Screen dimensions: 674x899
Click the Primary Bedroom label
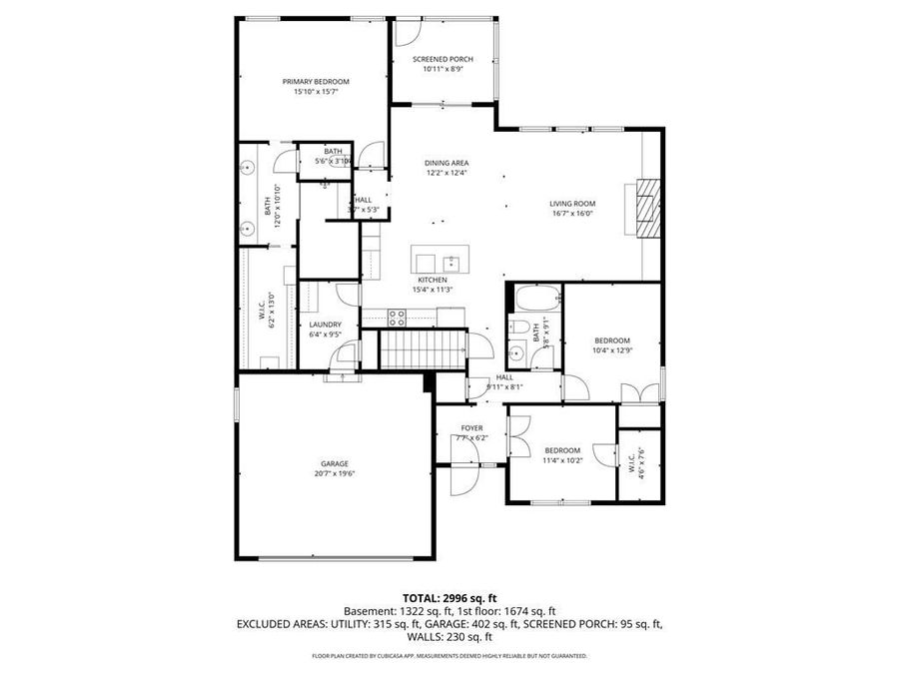[x=316, y=81]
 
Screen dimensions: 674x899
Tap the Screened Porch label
[x=443, y=59]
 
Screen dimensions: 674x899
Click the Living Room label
[x=572, y=204]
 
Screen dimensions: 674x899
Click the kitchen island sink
[x=452, y=263]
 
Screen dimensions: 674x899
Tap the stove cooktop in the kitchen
[x=396, y=319]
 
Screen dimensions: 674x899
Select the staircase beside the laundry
[x=420, y=350]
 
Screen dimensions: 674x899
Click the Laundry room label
[x=325, y=325]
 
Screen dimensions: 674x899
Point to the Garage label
[x=335, y=463]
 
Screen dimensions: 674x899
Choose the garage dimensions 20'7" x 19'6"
[x=335, y=473]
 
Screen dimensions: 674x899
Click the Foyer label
[x=471, y=427]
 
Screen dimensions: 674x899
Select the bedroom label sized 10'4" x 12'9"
[x=612, y=339]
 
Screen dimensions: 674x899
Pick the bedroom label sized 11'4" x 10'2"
[x=561, y=450]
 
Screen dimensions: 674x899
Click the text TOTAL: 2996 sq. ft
[x=449, y=596]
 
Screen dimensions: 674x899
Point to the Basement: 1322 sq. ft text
[x=393, y=610]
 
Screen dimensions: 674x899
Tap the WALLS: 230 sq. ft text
[x=449, y=637]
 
